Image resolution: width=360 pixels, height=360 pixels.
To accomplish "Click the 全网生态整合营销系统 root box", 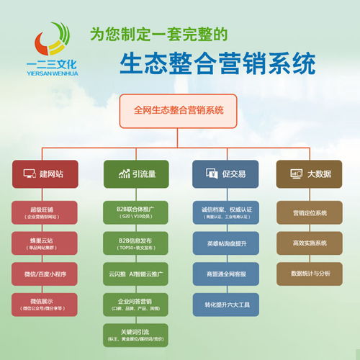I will point(179,110).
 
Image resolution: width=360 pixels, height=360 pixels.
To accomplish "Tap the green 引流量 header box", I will point(135,174).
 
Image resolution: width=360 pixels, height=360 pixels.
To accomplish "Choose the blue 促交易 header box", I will point(224,174).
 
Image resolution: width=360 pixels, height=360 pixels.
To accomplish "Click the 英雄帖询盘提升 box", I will point(224,243).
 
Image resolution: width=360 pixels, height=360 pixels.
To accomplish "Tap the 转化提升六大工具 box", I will point(224,303).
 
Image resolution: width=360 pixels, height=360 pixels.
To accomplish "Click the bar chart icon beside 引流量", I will point(123,174).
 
